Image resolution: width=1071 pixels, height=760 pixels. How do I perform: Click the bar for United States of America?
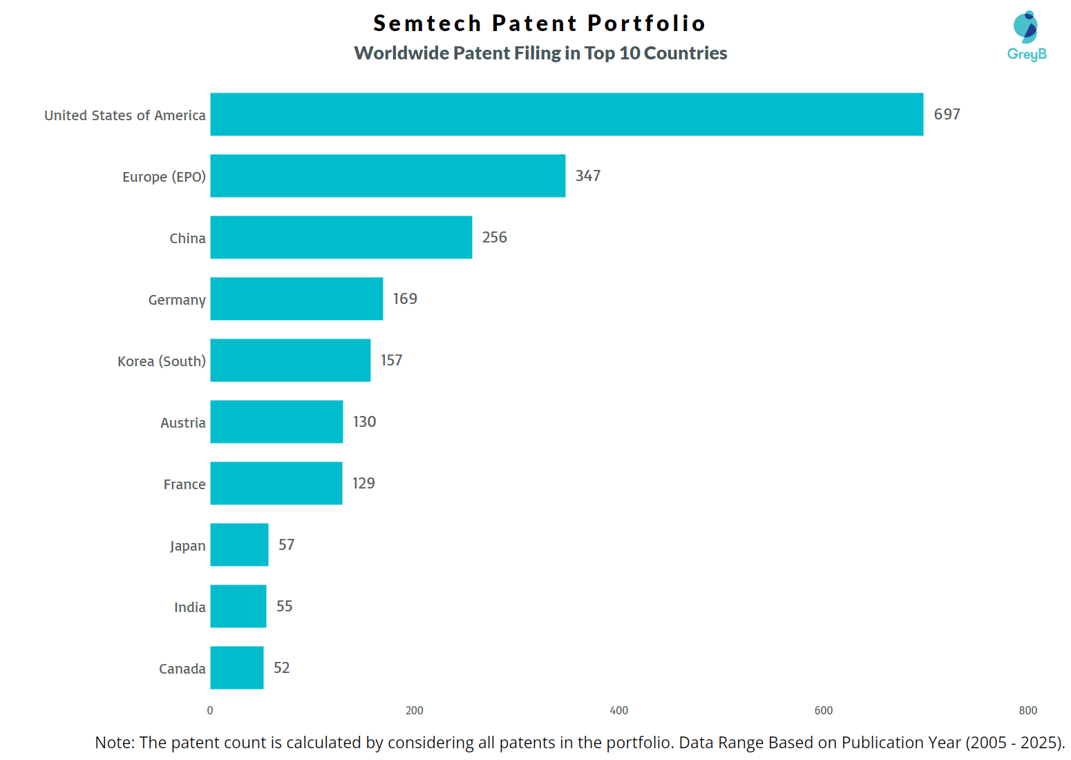(567, 115)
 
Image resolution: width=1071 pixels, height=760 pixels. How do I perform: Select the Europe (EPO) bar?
(388, 176)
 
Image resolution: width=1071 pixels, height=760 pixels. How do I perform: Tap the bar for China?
(341, 238)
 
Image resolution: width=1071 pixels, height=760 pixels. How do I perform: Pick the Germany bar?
(296, 299)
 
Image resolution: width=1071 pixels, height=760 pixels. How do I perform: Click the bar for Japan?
(239, 545)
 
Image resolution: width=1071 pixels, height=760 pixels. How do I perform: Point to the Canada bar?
(237, 668)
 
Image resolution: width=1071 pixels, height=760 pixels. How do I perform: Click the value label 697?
(947, 115)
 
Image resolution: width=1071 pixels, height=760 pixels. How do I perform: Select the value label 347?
(588, 176)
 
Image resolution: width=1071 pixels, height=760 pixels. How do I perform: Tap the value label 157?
(391, 361)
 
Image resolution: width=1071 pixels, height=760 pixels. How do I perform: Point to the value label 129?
(363, 484)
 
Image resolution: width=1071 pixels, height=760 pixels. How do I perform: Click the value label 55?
(284, 607)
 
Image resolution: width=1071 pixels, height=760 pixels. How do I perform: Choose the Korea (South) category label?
(162, 361)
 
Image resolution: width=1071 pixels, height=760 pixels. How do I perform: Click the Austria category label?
(183, 423)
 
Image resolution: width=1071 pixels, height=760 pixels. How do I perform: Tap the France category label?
(184, 484)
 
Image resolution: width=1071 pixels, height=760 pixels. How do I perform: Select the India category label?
(190, 607)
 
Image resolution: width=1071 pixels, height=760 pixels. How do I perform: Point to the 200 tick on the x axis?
(415, 711)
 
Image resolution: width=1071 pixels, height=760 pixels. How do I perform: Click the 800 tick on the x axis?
(1027, 711)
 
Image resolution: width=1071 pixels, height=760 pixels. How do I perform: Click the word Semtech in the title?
(427, 23)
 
